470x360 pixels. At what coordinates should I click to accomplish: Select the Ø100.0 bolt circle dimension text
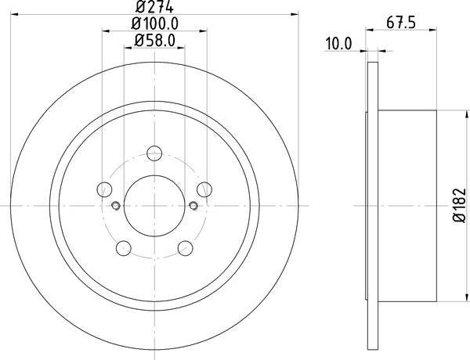(x=154, y=25)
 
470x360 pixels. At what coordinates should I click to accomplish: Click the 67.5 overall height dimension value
(x=401, y=24)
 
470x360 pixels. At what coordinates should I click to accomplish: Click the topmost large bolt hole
(x=154, y=153)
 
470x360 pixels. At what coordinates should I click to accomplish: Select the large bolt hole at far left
(x=103, y=189)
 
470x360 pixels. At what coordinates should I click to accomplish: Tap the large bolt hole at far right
(x=205, y=189)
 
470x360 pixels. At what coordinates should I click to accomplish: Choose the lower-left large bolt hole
(x=123, y=249)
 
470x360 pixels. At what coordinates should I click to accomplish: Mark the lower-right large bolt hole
(x=186, y=249)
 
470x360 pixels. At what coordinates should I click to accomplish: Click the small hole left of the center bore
(x=115, y=207)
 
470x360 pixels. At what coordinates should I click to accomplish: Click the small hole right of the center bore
(x=193, y=207)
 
